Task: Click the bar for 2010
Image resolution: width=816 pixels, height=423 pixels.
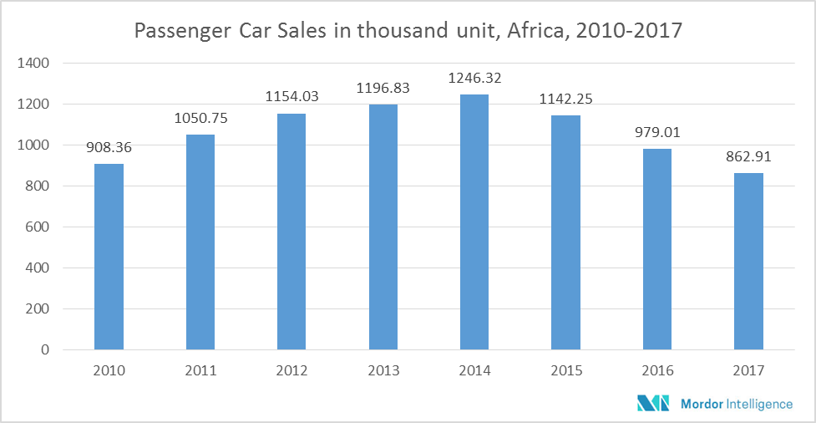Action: (x=109, y=257)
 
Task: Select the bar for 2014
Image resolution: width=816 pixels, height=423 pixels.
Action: (x=474, y=222)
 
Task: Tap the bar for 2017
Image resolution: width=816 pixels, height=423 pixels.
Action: (x=748, y=261)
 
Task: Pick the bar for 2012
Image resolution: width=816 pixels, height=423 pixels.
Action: (x=291, y=232)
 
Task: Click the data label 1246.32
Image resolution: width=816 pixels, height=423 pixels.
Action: (x=474, y=78)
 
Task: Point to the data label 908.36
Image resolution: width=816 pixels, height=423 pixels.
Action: (x=109, y=147)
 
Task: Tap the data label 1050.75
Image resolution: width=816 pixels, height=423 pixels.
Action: (x=200, y=118)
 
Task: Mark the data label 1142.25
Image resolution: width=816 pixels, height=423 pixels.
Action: (x=565, y=99)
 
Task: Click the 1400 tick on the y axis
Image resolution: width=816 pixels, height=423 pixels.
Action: (x=33, y=63)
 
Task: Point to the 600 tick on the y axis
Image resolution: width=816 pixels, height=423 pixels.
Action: (x=38, y=227)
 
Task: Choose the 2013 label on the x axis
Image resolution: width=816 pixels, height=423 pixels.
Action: (x=383, y=370)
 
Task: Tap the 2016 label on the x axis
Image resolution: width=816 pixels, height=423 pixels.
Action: (x=657, y=370)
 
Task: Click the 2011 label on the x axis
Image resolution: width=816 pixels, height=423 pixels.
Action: (x=200, y=370)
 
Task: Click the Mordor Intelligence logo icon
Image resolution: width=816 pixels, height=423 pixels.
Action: (x=654, y=404)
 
